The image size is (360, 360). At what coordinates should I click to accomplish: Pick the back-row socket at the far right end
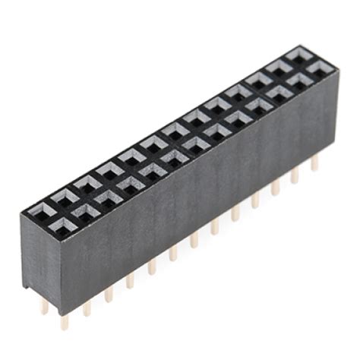coord(298,55)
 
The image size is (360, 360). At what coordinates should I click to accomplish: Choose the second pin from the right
coord(295,175)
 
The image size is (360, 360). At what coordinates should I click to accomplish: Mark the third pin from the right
coord(275,188)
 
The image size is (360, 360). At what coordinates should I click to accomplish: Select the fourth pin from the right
coord(255,199)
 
